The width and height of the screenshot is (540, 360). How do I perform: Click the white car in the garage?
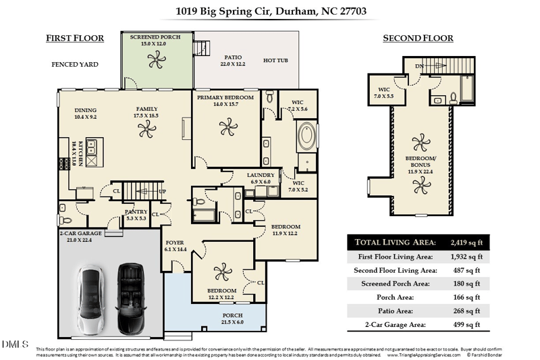(90, 294)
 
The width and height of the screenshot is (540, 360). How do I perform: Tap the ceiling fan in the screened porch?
(155, 61)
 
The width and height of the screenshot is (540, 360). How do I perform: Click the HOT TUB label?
(275, 61)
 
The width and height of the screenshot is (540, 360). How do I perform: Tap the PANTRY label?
(136, 212)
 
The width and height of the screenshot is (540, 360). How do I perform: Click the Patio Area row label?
(385, 311)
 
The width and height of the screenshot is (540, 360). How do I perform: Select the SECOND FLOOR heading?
(418, 38)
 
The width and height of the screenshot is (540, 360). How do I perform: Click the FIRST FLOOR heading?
(75, 38)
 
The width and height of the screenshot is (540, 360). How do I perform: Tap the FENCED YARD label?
(75, 65)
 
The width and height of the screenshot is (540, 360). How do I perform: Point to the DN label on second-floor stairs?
(418, 66)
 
